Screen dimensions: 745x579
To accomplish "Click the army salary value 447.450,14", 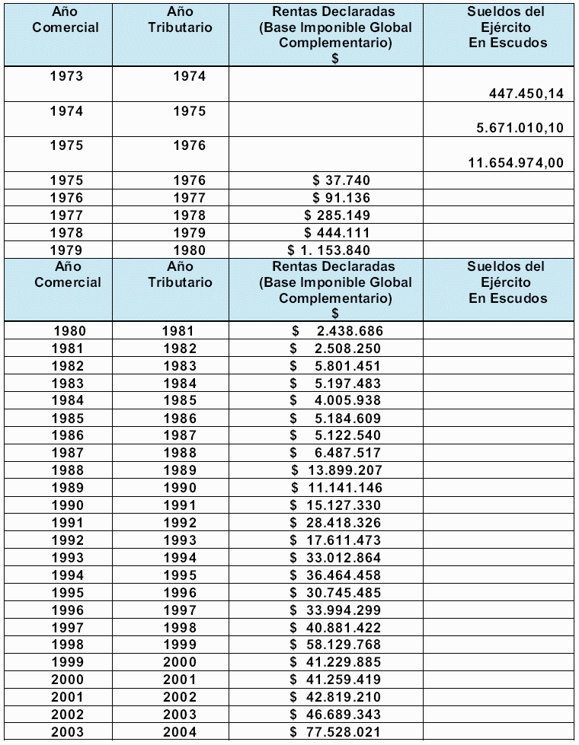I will (x=526, y=94).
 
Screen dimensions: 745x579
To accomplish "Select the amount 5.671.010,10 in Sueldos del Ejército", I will (x=520, y=128).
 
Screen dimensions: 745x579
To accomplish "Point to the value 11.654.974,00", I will (x=516, y=162).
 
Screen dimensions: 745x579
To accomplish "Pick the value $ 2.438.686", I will (x=336, y=331).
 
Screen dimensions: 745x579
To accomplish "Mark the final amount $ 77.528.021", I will (x=336, y=732).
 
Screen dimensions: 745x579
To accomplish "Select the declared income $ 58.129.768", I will (x=336, y=645).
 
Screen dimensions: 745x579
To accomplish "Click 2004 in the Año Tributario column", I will (x=179, y=732).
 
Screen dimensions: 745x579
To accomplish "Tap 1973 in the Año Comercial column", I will (x=66, y=76).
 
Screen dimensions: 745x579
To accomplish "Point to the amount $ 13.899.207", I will (x=336, y=470).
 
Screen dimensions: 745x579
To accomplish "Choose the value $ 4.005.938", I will (x=336, y=400).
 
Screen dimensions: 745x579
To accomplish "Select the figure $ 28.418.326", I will (x=336, y=523).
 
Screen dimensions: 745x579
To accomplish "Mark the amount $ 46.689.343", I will (x=336, y=715).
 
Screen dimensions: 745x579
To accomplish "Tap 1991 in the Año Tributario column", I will (x=179, y=505).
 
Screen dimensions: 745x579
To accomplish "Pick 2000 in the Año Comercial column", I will (x=68, y=680).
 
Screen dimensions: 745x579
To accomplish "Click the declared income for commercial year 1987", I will (x=336, y=453).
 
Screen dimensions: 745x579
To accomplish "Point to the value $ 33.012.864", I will (x=336, y=558).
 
